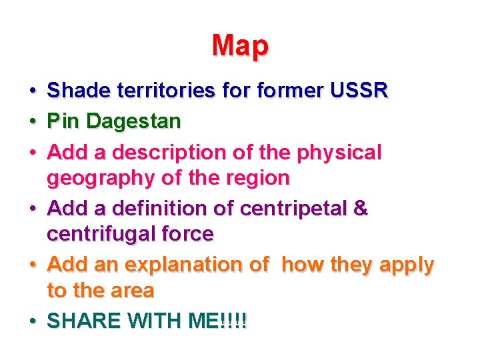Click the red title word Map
tap(240, 46)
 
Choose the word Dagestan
tap(133, 121)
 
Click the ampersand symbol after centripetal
tap(360, 209)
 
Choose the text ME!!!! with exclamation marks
tap(217, 321)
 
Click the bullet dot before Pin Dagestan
tap(32, 122)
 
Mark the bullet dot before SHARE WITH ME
tap(32, 321)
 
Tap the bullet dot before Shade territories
tap(32, 90)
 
